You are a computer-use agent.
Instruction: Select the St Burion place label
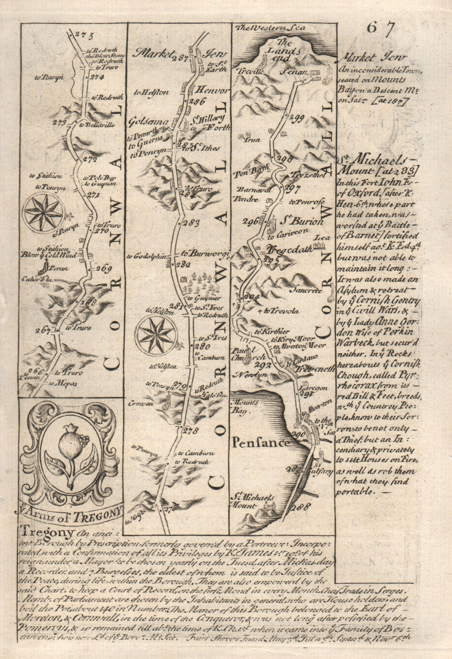pyautogui.click(x=303, y=222)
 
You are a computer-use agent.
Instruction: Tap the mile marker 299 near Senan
pyautogui.click(x=297, y=119)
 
